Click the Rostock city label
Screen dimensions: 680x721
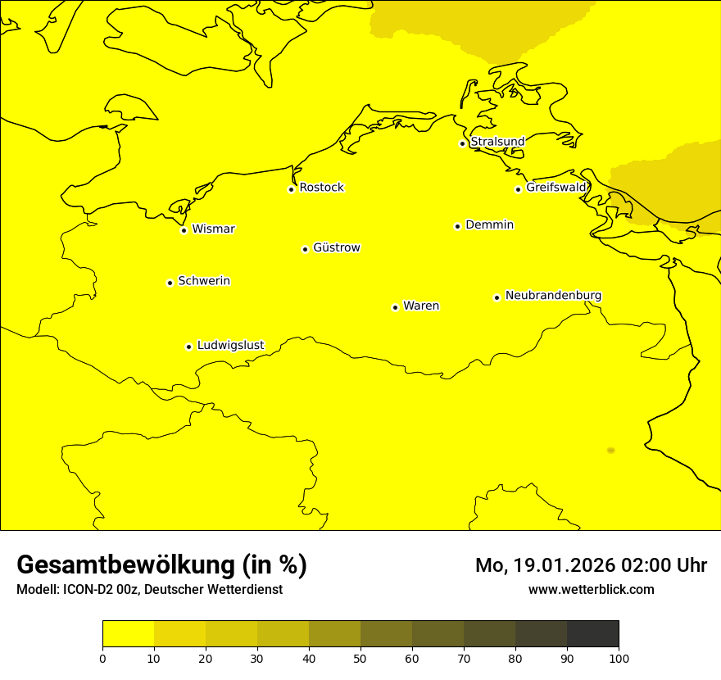click(321, 188)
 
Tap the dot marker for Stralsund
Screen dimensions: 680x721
click(462, 143)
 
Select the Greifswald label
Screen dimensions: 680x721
click(556, 188)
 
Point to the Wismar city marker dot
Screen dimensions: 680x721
click(184, 230)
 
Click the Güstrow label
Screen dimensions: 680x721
click(336, 247)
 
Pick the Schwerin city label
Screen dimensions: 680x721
click(204, 281)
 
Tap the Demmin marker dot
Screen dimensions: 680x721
click(457, 226)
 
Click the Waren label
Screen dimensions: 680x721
click(421, 306)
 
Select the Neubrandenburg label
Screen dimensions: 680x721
click(553, 295)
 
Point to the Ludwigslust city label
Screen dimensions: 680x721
click(230, 345)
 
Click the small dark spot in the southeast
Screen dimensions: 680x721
click(610, 451)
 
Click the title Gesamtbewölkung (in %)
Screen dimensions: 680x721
click(161, 565)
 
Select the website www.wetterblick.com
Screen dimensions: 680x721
click(591, 589)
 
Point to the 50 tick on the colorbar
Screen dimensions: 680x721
click(360, 658)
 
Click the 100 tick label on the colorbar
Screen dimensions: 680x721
click(619, 658)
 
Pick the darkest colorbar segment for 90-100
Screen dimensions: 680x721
click(592, 634)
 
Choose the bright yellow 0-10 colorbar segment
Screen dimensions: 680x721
click(128, 634)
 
